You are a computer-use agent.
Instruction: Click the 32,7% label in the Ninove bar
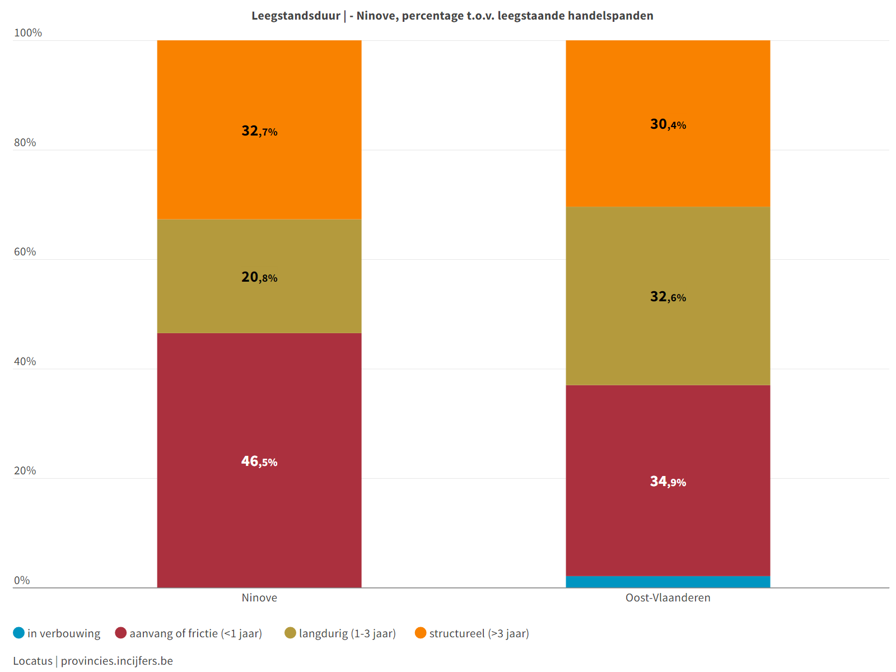(x=259, y=131)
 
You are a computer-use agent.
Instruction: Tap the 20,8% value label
(x=259, y=277)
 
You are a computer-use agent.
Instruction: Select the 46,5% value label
(x=259, y=461)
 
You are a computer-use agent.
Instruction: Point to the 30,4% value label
(x=668, y=124)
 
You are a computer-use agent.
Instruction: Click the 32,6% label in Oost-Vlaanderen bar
(x=668, y=297)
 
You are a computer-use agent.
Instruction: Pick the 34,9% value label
(x=668, y=482)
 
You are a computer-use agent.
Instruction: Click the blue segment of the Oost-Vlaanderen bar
(x=668, y=582)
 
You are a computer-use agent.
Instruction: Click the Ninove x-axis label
(x=259, y=598)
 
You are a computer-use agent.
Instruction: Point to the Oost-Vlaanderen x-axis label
(x=668, y=598)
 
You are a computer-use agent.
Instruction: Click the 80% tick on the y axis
(x=25, y=143)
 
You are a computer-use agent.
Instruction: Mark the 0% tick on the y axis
(x=22, y=581)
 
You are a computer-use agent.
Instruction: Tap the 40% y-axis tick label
(x=25, y=362)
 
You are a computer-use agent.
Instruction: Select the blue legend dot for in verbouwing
(x=19, y=633)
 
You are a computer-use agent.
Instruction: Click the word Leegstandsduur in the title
(x=296, y=16)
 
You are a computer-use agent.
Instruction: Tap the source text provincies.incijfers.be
(x=117, y=661)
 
